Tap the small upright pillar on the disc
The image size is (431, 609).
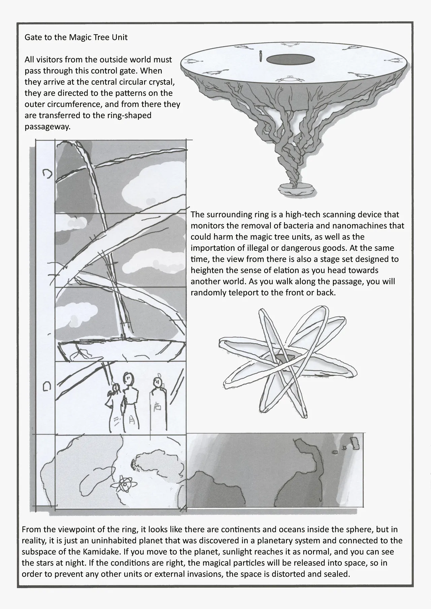click(x=260, y=56)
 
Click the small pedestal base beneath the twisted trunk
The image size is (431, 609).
click(x=296, y=190)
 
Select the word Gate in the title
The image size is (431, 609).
click(x=32, y=37)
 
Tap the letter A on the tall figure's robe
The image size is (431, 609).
click(x=132, y=420)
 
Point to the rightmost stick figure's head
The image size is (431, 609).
click(x=157, y=382)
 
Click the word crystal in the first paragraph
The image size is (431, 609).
click(x=159, y=82)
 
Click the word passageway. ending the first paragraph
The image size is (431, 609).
click(x=47, y=127)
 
